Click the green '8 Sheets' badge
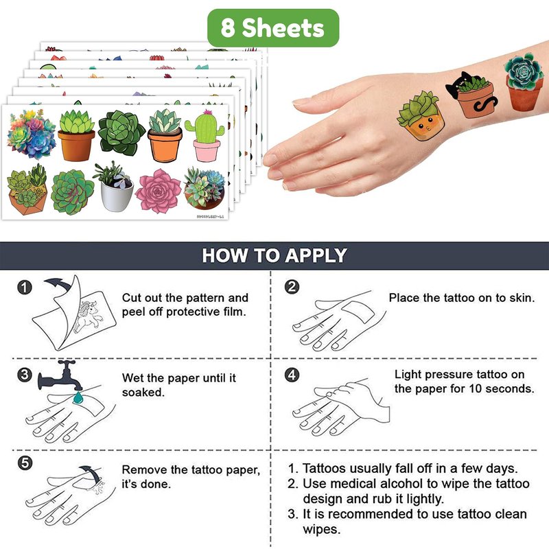(x=273, y=28)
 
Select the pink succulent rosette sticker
(x=158, y=191)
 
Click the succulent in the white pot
(x=113, y=187)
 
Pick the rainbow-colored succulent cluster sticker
(x=31, y=134)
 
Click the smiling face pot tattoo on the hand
(x=421, y=116)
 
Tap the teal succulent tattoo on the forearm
(x=524, y=82)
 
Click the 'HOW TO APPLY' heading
(x=274, y=255)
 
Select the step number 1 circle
(x=25, y=288)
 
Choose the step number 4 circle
(x=292, y=375)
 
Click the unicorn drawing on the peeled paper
(x=88, y=316)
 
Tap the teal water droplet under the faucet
(x=78, y=397)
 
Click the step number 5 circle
(x=25, y=463)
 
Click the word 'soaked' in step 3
(x=143, y=393)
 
